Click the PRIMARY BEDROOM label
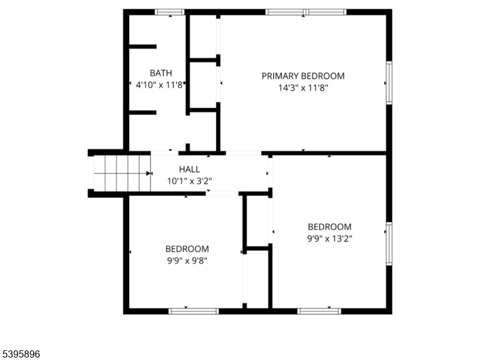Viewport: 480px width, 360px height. point(303,76)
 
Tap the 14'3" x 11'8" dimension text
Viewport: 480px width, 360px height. point(303,88)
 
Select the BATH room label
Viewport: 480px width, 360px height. point(161,73)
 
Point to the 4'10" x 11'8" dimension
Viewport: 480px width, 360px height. point(159,85)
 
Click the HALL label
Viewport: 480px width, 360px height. point(190,169)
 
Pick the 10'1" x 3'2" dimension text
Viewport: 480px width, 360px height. point(190,181)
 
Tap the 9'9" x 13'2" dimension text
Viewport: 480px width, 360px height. point(329,239)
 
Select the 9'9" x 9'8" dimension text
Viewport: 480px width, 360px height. point(187,261)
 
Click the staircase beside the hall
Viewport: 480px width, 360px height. point(122,173)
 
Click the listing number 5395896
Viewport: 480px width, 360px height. point(20,354)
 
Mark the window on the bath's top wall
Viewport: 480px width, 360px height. point(170,12)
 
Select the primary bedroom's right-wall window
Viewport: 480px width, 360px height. point(389,83)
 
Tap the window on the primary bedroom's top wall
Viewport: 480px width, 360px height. point(306,12)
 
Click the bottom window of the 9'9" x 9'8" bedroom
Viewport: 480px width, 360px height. point(194,311)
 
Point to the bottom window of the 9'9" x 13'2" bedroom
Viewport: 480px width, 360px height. point(319,311)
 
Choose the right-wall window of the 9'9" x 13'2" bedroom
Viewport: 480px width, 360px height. point(389,244)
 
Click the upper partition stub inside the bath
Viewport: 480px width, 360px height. point(143,47)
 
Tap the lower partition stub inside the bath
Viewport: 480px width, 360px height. point(143,113)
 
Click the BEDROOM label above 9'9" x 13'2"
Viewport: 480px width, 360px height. point(329,227)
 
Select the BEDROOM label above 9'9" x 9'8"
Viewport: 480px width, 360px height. point(187,249)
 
